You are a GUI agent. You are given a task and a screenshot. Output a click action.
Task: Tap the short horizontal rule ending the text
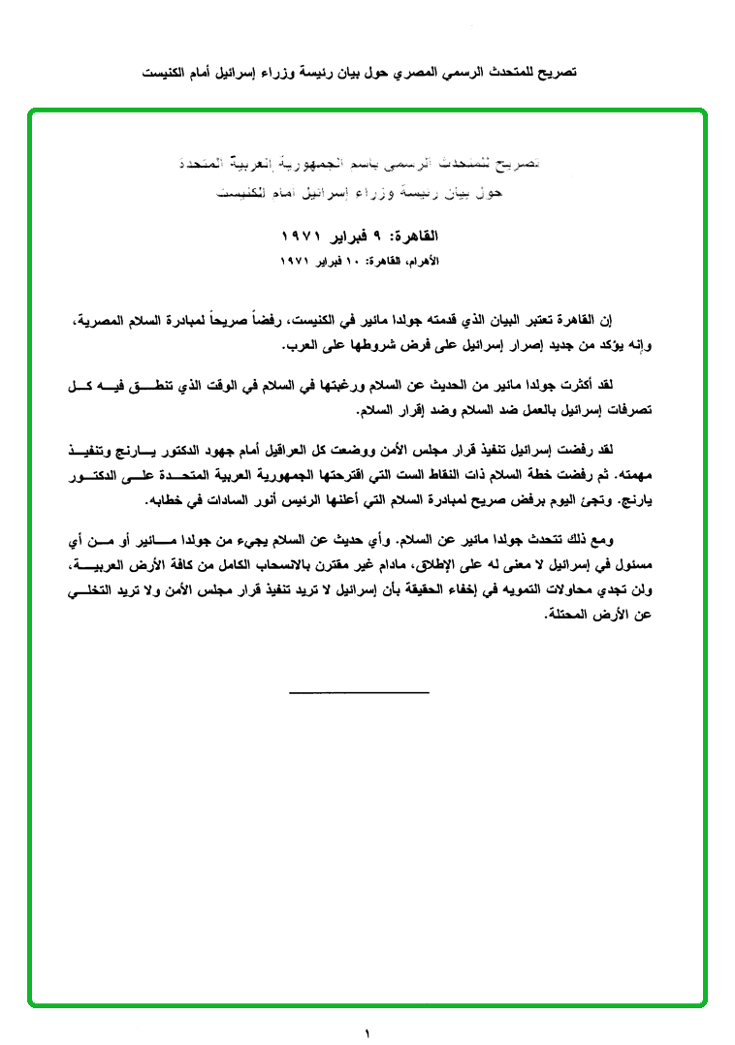pyautogui.click(x=359, y=692)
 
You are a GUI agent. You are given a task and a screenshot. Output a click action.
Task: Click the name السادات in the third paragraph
pyautogui.click(x=240, y=501)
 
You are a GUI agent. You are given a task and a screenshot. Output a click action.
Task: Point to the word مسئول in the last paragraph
pyautogui.click(x=624, y=563)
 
